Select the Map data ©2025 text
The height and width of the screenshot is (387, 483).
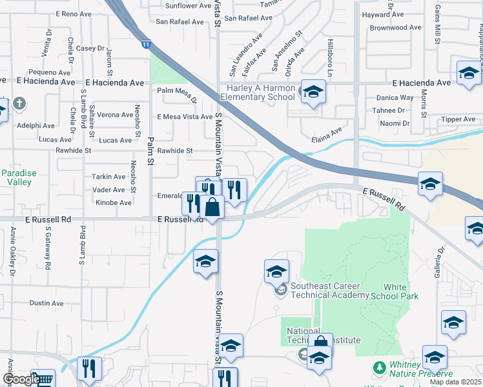[456, 382]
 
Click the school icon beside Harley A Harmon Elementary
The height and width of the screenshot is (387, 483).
[313, 93]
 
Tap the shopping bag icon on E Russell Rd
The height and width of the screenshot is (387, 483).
[211, 207]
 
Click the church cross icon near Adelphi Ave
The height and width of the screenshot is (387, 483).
[19, 104]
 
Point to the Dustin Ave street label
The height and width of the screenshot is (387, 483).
[47, 303]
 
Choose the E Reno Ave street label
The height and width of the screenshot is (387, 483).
[75, 14]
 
